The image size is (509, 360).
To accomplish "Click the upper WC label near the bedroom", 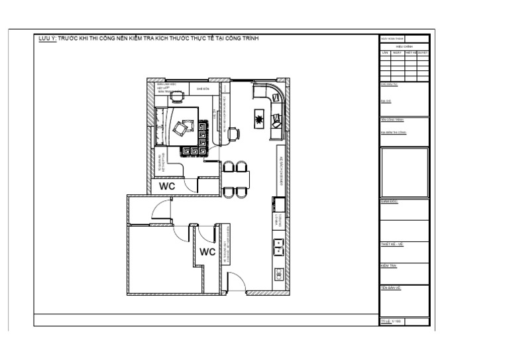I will point(167,186).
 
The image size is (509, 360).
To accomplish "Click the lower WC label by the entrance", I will point(208,252).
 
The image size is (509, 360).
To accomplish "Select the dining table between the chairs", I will point(237,178).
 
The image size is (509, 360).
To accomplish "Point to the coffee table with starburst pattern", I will point(258,119).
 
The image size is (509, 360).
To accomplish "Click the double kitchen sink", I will point(278,247).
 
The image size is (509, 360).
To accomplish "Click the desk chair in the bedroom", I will point(176,97).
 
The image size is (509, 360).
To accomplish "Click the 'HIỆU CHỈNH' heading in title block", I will point(404,46).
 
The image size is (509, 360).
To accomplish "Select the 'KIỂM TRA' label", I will point(389,266).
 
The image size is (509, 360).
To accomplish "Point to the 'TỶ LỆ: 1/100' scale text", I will point(392,321).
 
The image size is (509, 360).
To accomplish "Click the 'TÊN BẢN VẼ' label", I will point(390,288).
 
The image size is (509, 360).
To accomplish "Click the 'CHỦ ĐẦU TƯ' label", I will point(388,85).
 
